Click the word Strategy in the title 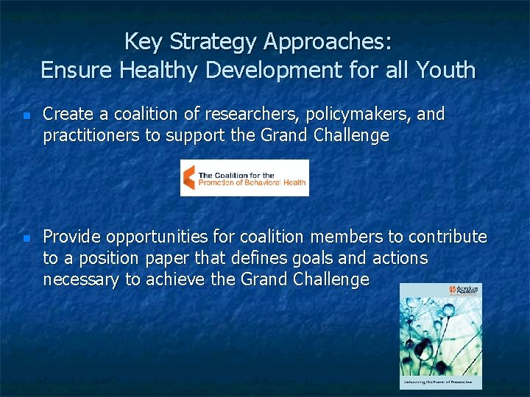click(x=211, y=42)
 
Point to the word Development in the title click(x=291, y=71)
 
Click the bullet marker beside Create click(x=26, y=116)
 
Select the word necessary click(x=80, y=280)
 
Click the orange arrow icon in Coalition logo click(x=189, y=177)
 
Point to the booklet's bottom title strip click(x=441, y=382)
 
